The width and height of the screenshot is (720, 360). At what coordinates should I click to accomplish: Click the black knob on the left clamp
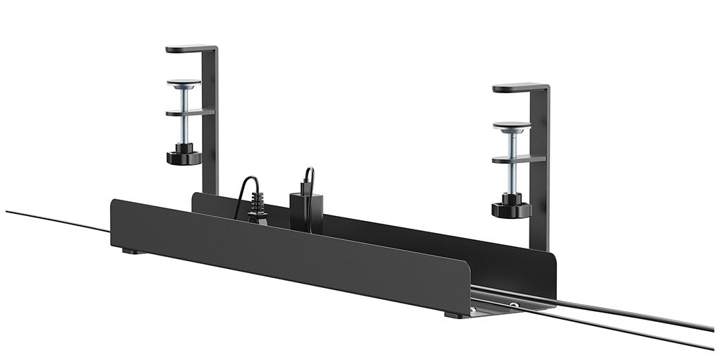click(184, 155)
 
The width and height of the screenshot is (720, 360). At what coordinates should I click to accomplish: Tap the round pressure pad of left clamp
click(184, 83)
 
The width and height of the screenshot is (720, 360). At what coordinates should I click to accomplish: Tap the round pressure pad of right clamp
click(512, 126)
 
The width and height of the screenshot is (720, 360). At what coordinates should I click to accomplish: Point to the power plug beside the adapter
click(257, 209)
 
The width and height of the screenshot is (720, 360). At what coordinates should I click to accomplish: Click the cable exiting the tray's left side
click(56, 220)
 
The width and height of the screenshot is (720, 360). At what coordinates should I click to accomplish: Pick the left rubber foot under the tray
click(129, 251)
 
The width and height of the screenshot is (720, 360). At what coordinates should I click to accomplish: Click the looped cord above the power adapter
click(309, 178)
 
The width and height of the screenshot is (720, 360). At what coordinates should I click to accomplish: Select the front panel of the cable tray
click(282, 254)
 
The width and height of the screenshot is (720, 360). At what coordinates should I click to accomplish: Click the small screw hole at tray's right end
click(515, 305)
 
